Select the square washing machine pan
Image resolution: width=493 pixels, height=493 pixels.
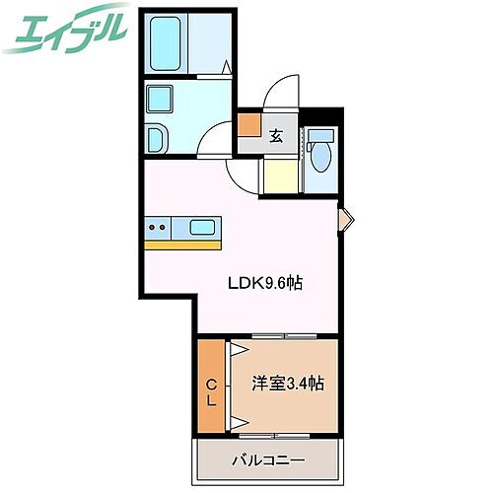tap(160, 100)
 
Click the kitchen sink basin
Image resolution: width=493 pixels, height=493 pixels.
tap(203, 228)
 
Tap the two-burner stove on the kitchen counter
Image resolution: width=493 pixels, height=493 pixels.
tap(157, 228)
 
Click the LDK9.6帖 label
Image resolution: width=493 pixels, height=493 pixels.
tap(264, 283)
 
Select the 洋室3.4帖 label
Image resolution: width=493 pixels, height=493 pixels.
tap(287, 383)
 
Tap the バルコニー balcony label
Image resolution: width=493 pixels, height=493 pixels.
tap(268, 459)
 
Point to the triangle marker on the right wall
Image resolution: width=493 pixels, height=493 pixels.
tap(344, 219)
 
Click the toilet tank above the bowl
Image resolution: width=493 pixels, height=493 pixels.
tap(318, 136)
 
